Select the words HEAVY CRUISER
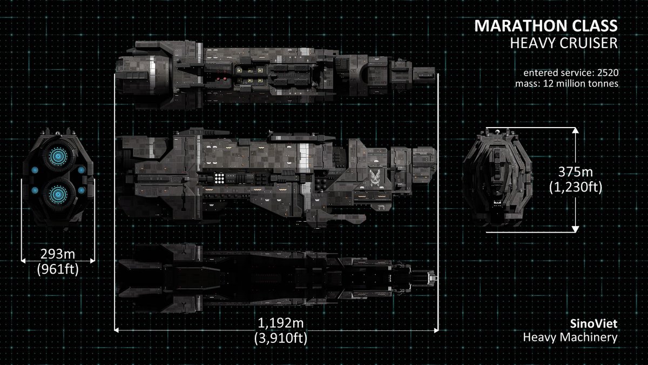564,43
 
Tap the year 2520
608,72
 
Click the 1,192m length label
280,323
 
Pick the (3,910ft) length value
281,338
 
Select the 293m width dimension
58,254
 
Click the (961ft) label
58,269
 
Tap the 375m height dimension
576,172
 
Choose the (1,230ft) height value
576,187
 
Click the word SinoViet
593,323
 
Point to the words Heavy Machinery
570,337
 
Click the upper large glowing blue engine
58,156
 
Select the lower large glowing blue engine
58,194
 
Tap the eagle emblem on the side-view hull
375,178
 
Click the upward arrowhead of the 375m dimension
576,130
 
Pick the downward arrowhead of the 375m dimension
576,229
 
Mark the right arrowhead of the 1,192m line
436,330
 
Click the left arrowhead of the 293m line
23,261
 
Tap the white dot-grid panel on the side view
220,178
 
